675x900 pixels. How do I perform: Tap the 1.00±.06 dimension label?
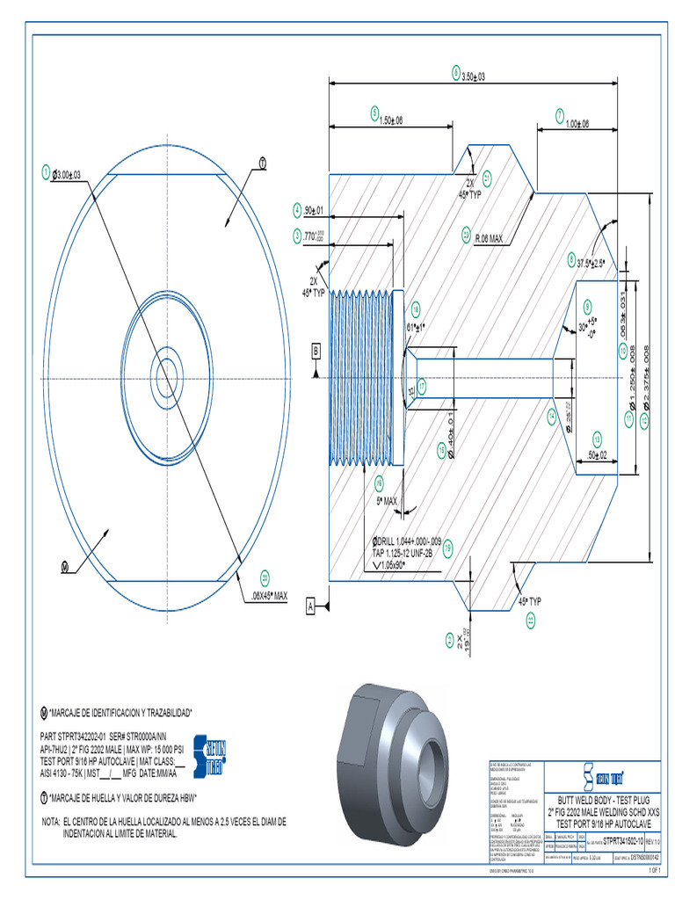coord(577,123)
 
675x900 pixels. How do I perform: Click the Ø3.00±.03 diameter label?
coord(66,175)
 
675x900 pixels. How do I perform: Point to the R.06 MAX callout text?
coord(489,237)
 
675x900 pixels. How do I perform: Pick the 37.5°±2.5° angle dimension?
coord(591,262)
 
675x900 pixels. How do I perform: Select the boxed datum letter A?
coord(310,606)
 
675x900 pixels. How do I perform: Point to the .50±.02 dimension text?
coord(599,454)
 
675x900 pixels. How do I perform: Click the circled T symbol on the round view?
coord(262,163)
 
